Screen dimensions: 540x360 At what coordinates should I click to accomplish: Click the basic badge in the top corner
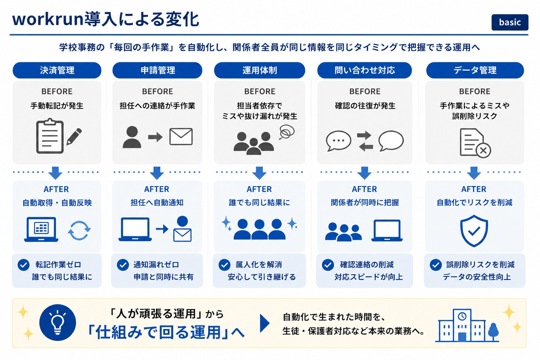[510, 22]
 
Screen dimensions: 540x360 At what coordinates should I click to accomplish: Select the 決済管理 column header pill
[57, 70]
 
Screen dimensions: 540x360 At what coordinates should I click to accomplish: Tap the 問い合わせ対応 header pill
[365, 70]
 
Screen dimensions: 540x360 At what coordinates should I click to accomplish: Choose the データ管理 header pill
[475, 70]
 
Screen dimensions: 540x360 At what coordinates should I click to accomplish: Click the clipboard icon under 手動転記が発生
[50, 136]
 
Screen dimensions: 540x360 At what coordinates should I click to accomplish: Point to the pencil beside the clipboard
[74, 136]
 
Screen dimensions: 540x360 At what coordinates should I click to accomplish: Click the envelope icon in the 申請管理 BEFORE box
[181, 136]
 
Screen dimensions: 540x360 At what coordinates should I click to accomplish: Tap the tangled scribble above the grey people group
[287, 131]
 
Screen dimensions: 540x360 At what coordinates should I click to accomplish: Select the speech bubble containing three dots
[339, 141]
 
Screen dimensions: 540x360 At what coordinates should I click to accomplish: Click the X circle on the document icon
[483, 150]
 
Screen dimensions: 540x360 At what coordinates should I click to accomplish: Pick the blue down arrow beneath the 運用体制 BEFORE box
[259, 173]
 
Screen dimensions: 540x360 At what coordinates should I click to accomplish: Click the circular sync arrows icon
[79, 231]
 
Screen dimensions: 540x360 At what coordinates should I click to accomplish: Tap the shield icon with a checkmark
[474, 231]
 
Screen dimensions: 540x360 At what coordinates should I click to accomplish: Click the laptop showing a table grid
[41, 229]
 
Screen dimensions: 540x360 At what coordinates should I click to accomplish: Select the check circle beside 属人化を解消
[224, 265]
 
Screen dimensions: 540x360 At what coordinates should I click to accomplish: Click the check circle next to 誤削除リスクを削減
[436, 265]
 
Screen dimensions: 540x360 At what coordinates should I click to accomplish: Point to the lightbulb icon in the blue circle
[58, 323]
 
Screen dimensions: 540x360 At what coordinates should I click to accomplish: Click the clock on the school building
[462, 316]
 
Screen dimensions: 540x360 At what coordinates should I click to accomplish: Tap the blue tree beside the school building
[493, 332]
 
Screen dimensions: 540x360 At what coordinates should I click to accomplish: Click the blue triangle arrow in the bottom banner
[265, 323]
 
